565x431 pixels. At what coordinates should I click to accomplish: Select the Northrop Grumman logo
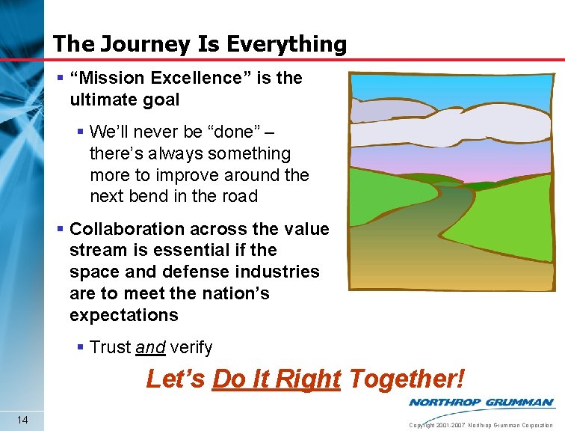(481, 402)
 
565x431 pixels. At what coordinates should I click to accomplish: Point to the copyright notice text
(481, 425)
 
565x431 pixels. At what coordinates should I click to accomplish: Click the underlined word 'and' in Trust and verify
(150, 347)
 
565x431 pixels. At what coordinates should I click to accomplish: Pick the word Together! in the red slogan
(406, 379)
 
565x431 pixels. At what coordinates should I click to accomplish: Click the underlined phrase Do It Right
(277, 379)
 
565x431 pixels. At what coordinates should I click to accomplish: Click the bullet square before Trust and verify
(81, 347)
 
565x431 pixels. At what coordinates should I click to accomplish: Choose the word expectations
(124, 315)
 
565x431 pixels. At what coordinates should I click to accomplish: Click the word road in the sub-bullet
(239, 196)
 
